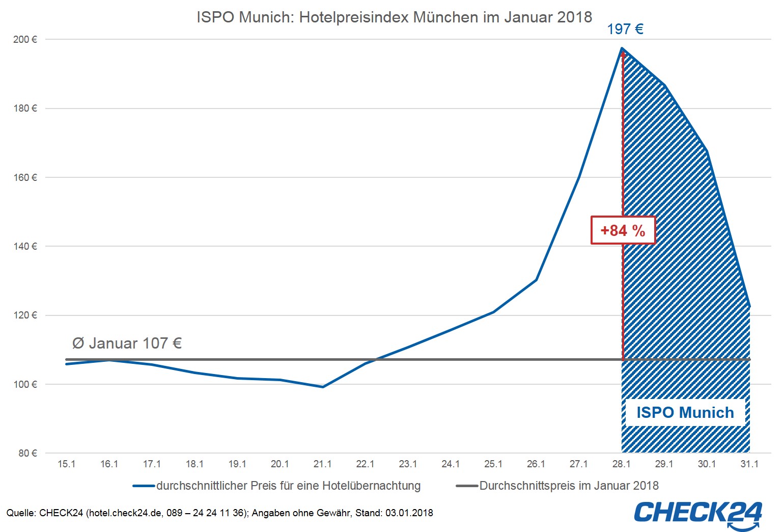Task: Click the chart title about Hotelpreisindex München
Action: tap(394, 17)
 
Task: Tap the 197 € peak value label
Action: tap(625, 29)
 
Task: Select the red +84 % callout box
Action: tap(623, 230)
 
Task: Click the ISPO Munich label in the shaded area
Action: tap(685, 412)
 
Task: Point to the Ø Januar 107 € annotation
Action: tap(127, 343)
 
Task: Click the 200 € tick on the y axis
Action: tap(25, 40)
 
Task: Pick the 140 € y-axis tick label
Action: tap(25, 247)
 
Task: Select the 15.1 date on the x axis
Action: tap(66, 464)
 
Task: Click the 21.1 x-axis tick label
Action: tap(322, 464)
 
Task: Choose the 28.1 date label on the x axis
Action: tap(621, 464)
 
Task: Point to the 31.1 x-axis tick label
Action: tap(749, 464)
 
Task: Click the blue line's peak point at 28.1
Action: tap(622, 49)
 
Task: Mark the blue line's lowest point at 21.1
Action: tap(323, 387)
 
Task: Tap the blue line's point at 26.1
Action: tap(536, 280)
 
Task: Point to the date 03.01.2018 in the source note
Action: tap(409, 513)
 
